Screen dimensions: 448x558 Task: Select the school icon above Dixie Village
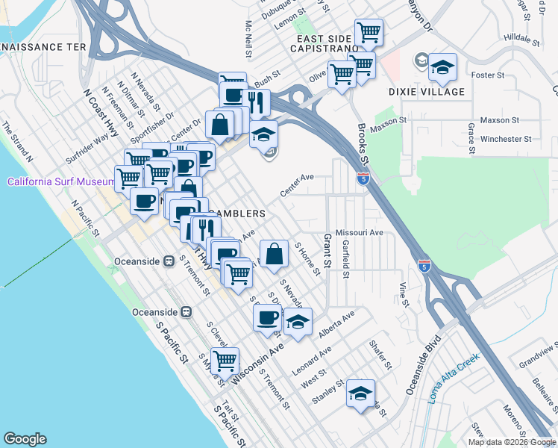442,69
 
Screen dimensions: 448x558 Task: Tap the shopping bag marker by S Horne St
275,253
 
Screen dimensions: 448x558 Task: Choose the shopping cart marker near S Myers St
225,361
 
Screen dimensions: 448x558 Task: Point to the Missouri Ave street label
359,232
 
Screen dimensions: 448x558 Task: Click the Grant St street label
327,250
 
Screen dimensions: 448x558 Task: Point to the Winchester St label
506,138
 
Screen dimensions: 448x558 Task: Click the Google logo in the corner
25,439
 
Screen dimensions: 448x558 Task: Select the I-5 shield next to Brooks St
363,178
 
